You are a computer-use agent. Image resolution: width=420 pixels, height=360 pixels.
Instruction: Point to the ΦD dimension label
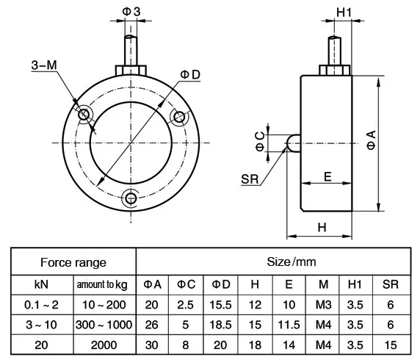[190, 74]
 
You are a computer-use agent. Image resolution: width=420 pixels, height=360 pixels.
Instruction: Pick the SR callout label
[250, 179]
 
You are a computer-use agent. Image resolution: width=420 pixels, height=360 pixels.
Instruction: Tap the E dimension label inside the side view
[327, 176]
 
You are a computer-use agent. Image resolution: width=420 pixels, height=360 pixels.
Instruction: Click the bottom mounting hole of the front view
[131, 198]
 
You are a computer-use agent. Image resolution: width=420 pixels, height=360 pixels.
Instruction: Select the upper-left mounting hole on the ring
[83, 114]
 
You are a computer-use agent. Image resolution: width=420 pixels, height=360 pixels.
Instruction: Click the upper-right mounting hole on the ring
[178, 116]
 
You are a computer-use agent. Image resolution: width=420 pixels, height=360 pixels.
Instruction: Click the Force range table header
[73, 262]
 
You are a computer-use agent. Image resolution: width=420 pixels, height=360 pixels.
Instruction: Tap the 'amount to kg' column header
[101, 284]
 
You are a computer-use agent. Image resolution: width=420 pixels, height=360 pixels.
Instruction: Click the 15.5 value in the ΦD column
[221, 303]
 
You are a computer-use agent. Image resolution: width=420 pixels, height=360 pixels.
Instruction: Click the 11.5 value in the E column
[289, 324]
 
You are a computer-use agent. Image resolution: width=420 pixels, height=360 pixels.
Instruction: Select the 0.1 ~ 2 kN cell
[40, 303]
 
